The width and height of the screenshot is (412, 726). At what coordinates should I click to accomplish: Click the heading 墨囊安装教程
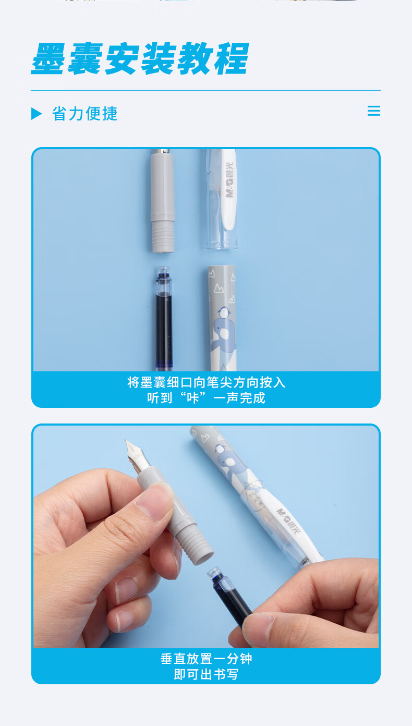[x=140, y=58]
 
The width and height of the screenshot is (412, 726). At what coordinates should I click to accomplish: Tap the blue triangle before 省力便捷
[x=37, y=114]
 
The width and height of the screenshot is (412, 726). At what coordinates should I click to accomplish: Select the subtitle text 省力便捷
[x=84, y=114]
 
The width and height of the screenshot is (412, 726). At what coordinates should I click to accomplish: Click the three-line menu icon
[x=374, y=111]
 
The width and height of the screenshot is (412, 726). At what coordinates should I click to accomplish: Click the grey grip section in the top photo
[x=163, y=201]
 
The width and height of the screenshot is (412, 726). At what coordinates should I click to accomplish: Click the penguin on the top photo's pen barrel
[x=224, y=313]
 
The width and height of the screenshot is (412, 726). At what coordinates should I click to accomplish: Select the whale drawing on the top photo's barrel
[x=224, y=337]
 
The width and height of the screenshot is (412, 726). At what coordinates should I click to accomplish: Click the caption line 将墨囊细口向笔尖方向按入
[x=206, y=382]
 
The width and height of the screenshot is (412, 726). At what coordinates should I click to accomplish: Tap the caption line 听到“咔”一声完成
[x=206, y=397]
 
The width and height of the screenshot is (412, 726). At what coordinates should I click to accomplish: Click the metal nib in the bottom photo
[x=137, y=454]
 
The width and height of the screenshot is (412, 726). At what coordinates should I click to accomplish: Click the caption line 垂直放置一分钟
[x=206, y=659]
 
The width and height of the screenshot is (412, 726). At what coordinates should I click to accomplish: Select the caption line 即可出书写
[x=206, y=674]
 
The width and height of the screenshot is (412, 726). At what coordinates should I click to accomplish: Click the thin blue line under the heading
[x=205, y=90]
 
